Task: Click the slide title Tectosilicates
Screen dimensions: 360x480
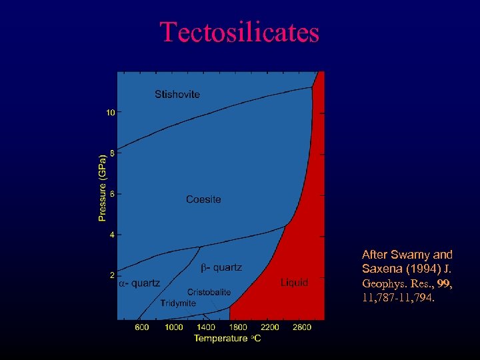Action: click(x=239, y=32)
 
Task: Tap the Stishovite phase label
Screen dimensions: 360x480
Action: click(x=177, y=95)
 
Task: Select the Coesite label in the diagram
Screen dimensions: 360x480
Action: click(x=203, y=199)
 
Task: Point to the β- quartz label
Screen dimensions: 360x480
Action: click(x=221, y=268)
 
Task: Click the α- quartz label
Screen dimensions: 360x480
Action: click(x=139, y=283)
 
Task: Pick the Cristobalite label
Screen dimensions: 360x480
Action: click(x=209, y=292)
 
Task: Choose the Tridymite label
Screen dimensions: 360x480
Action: click(x=178, y=303)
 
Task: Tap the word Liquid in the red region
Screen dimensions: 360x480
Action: click(x=294, y=283)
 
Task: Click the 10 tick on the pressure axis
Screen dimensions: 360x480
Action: click(x=111, y=113)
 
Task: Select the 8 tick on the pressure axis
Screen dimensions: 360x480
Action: click(x=112, y=153)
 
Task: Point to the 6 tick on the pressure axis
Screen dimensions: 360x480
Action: click(x=112, y=194)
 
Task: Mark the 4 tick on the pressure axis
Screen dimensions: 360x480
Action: click(x=112, y=235)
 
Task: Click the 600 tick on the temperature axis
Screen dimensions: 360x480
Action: click(x=142, y=327)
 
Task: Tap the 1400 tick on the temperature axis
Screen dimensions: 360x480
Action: click(x=206, y=327)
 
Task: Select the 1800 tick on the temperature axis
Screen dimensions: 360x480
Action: click(x=238, y=327)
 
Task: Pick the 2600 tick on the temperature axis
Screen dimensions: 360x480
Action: click(x=302, y=327)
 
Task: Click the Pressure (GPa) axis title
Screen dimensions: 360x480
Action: click(x=102, y=189)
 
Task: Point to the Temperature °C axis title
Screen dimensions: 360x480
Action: click(x=227, y=339)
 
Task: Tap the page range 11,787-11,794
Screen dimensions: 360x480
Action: click(x=398, y=298)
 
